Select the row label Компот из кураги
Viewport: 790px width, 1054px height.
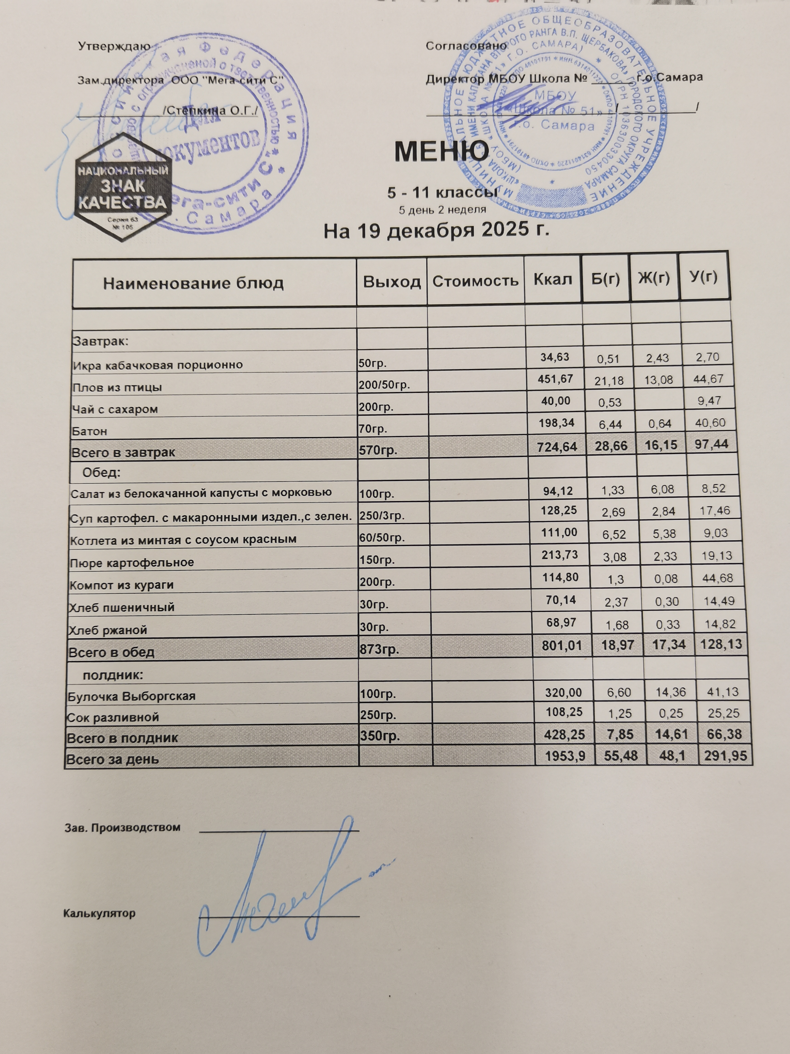point(121,585)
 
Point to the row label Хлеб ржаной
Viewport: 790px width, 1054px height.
point(108,630)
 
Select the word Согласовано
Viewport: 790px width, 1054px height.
point(466,46)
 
